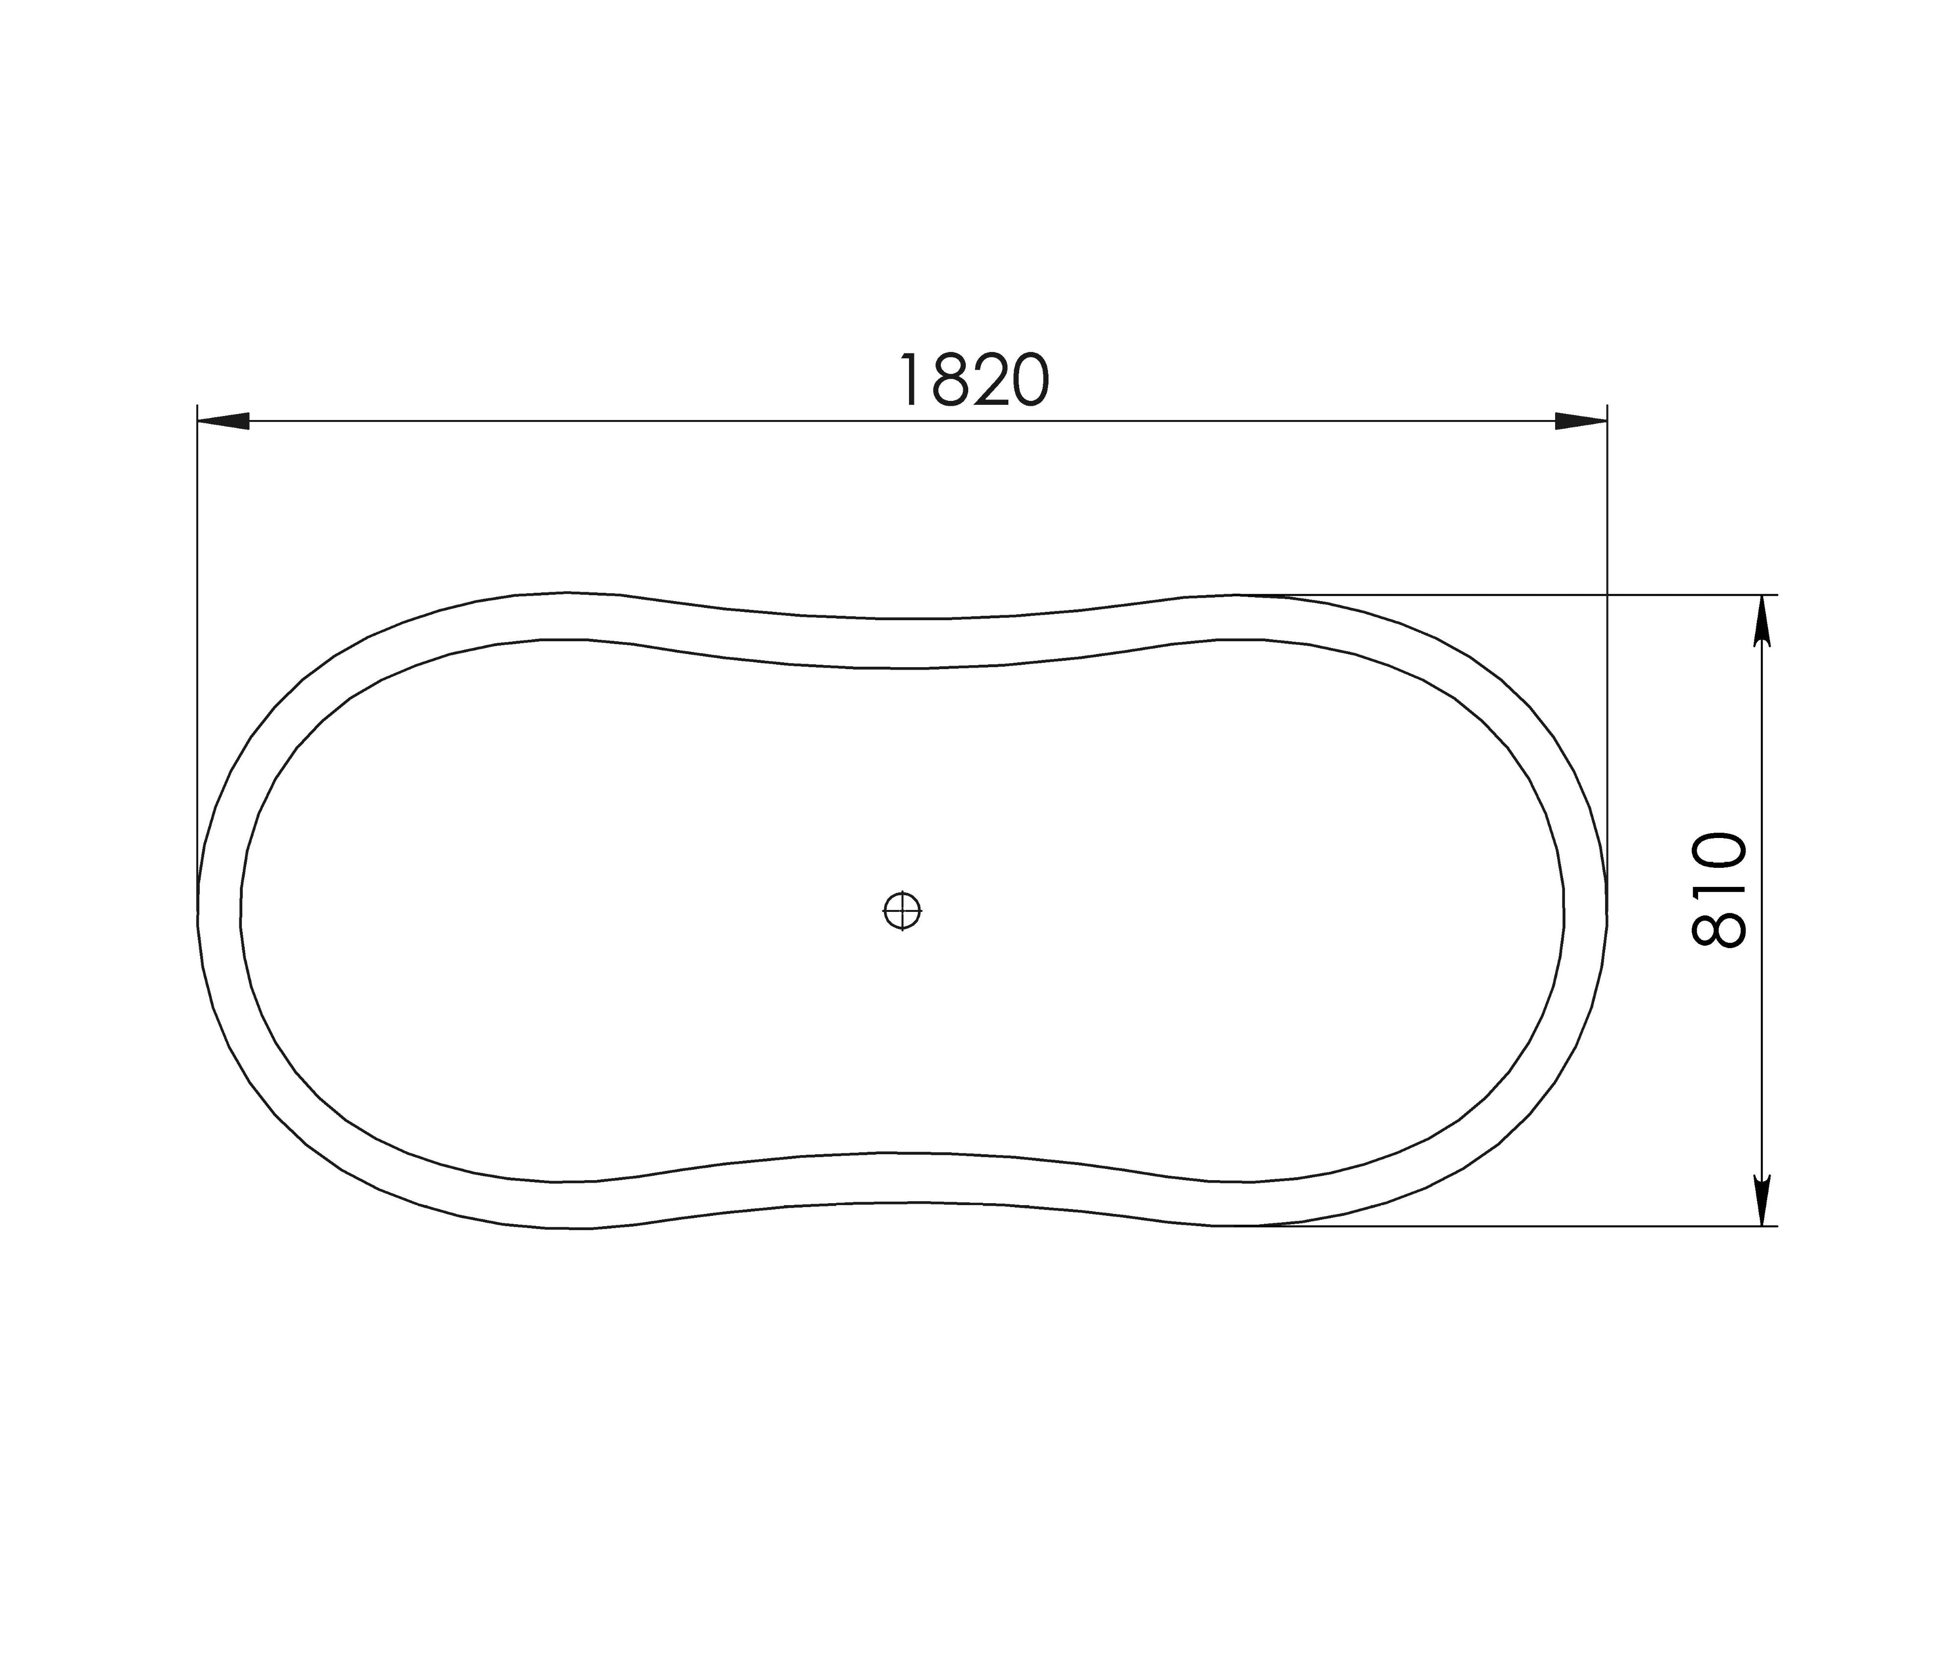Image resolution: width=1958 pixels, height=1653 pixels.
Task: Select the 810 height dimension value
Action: click(x=1720, y=890)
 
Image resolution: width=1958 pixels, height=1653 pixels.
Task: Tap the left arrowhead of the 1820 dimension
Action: click(x=223, y=421)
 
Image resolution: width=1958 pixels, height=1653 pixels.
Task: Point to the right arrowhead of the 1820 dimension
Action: click(x=1582, y=421)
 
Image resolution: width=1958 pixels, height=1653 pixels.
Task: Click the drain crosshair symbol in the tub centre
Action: click(x=902, y=910)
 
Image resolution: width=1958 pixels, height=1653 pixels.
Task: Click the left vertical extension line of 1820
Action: click(x=198, y=656)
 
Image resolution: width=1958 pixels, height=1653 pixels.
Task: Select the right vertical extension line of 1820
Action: click(x=1608, y=656)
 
